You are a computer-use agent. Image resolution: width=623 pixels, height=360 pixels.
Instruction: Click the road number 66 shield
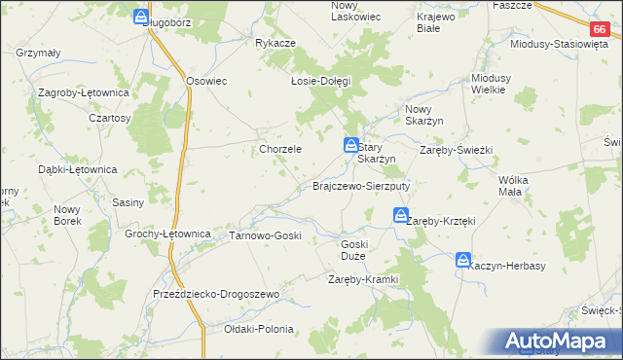pyautogui.click(x=599, y=31)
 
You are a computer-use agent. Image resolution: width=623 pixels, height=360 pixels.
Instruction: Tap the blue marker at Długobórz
pyautogui.click(x=142, y=18)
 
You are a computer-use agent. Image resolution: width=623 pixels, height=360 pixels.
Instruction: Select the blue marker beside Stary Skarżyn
pyautogui.click(x=349, y=146)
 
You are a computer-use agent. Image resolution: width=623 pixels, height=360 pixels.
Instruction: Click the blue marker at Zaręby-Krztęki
pyautogui.click(x=400, y=218)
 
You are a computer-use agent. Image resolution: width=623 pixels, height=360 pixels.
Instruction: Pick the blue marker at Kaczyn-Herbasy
pyautogui.click(x=462, y=260)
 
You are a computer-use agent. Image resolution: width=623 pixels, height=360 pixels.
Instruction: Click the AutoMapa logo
pyautogui.click(x=560, y=342)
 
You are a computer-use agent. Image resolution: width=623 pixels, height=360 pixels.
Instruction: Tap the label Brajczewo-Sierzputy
pyautogui.click(x=361, y=185)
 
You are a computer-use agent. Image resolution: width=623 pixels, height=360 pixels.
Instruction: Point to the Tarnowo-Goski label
pyautogui.click(x=265, y=235)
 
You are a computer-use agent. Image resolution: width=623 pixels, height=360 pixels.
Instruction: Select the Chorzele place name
pyautogui.click(x=280, y=150)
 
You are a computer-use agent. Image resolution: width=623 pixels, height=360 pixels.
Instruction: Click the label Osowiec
pyautogui.click(x=205, y=81)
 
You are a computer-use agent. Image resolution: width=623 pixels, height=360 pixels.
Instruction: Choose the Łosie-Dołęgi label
pyautogui.click(x=320, y=81)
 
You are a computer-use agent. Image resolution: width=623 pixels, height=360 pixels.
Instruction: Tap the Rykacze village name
pyautogui.click(x=275, y=44)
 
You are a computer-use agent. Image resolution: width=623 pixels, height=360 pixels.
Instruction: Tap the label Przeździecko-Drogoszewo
pyautogui.click(x=216, y=294)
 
